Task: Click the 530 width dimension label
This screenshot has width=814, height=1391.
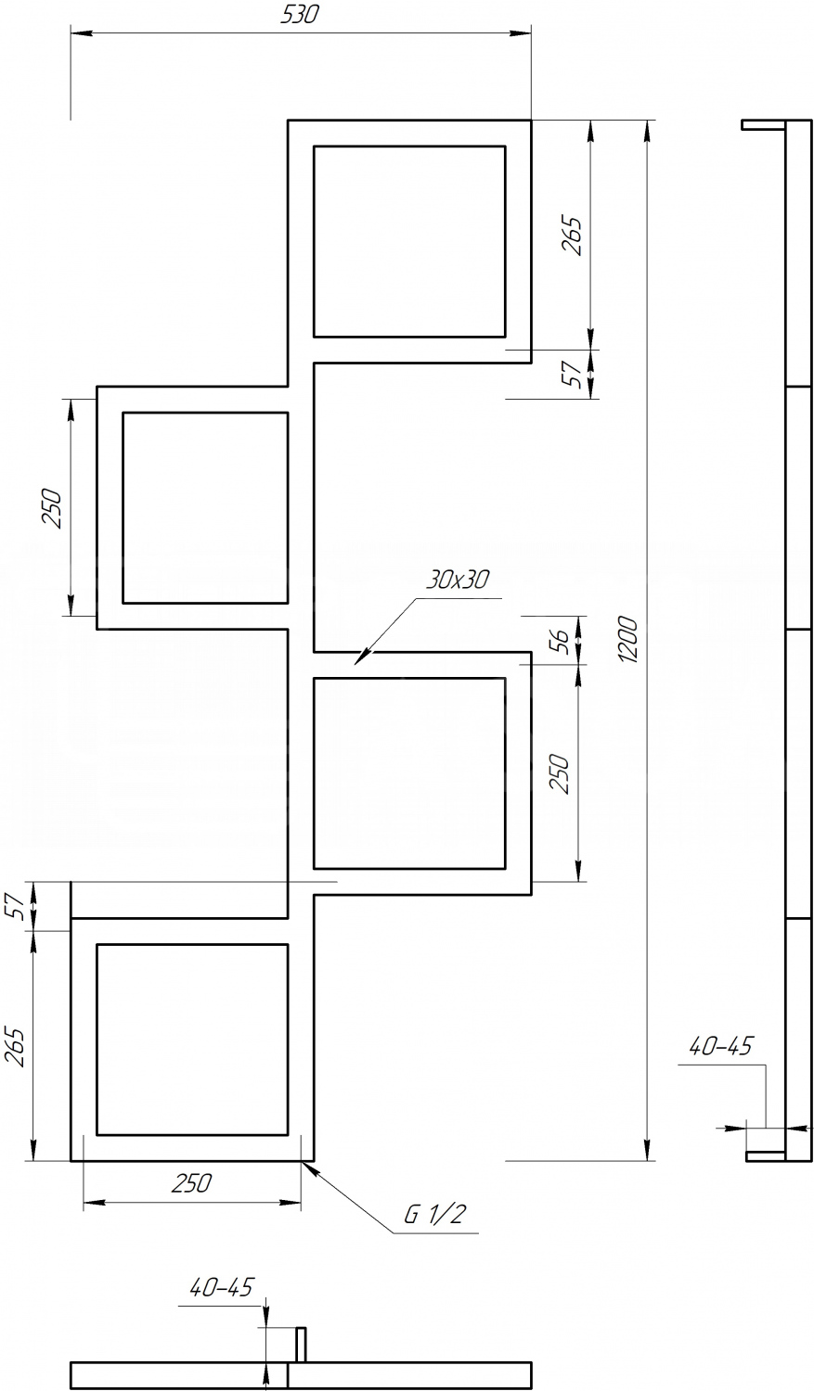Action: (x=300, y=14)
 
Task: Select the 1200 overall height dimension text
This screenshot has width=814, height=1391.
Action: (x=628, y=640)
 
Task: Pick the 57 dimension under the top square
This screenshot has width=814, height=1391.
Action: (x=575, y=374)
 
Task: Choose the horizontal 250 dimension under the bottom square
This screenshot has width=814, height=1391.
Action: (x=191, y=1183)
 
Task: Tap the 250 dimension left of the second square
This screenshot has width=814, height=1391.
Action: (x=53, y=508)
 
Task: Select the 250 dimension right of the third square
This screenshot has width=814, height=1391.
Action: (x=560, y=773)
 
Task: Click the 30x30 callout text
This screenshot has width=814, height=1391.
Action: (x=458, y=580)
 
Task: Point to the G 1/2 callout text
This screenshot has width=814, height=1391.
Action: (x=434, y=1214)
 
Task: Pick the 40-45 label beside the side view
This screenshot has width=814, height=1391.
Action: (x=720, y=1046)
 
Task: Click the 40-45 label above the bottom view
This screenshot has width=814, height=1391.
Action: (x=221, y=1288)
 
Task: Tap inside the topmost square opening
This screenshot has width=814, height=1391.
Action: (x=409, y=241)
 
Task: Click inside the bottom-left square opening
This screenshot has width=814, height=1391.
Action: (x=192, y=1040)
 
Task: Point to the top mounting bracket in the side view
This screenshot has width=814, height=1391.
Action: (x=764, y=125)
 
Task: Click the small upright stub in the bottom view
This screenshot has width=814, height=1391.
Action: (x=302, y=1339)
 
